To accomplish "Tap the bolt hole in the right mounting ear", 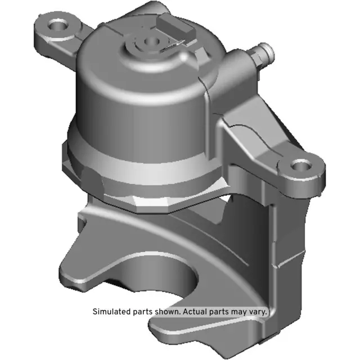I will (300, 166).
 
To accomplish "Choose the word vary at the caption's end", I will (258, 311).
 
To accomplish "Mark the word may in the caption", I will (238, 311).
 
